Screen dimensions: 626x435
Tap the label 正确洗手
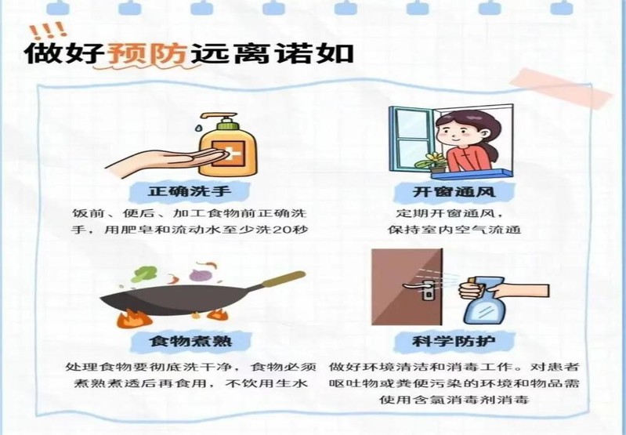click(190, 190)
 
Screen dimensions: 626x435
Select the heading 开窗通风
click(454, 192)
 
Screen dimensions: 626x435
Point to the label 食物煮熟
click(191, 341)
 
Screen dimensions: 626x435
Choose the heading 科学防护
click(454, 341)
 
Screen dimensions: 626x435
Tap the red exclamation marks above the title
click(49, 30)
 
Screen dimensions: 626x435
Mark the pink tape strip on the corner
click(561, 89)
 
